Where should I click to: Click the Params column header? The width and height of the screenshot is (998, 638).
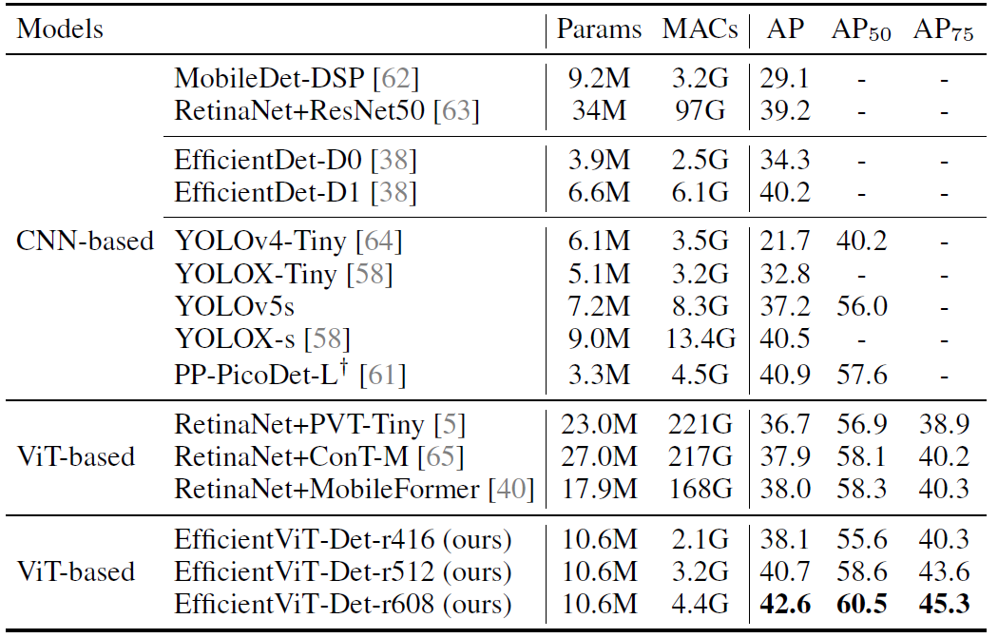click(x=599, y=29)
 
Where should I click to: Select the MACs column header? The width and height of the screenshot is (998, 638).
click(x=701, y=29)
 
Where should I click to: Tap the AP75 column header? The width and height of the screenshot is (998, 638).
click(x=943, y=30)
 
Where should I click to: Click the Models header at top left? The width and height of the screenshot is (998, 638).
click(x=60, y=29)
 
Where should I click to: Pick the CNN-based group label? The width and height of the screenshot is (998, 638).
click(x=86, y=242)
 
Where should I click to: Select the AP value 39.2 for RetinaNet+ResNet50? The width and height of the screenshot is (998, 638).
click(x=785, y=110)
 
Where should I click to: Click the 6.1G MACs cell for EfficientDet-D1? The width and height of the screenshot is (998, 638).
click(x=701, y=192)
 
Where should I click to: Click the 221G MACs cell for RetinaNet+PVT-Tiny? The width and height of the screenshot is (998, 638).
click(x=701, y=424)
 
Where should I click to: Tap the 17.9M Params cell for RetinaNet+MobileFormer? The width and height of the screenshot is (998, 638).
click(x=599, y=490)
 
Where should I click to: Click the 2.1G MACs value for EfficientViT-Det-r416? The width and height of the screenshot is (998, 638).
click(x=701, y=540)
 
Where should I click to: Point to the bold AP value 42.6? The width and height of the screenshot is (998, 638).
click(x=785, y=605)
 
